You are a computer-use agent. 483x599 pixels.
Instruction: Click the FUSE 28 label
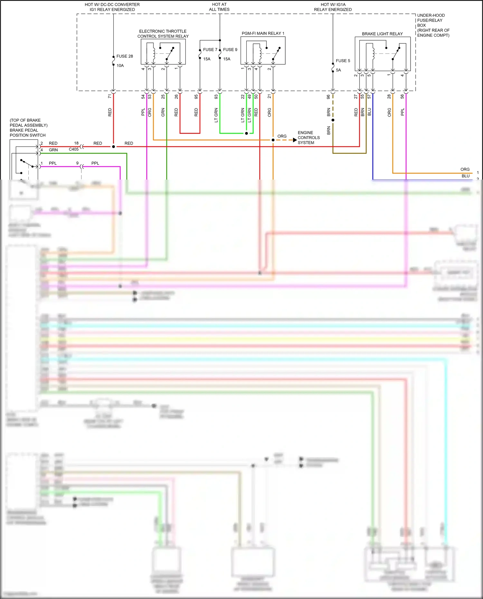pyautogui.click(x=124, y=56)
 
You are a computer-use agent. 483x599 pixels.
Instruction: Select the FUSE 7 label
pyautogui.click(x=210, y=50)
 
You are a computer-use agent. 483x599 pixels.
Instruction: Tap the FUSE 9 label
pyautogui.click(x=230, y=50)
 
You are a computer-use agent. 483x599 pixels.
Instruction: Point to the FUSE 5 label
pyautogui.click(x=343, y=61)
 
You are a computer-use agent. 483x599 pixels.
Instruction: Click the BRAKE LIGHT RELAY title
pyautogui.click(x=382, y=34)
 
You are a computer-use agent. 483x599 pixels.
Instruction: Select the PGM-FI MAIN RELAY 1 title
pyautogui.click(x=263, y=33)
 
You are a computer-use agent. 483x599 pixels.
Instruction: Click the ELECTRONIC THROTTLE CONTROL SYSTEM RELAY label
pyautogui.click(x=163, y=34)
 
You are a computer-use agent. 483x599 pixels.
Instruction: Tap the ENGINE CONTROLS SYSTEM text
pyautogui.click(x=308, y=137)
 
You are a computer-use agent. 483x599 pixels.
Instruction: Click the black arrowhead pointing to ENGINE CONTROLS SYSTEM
pyautogui.click(x=295, y=140)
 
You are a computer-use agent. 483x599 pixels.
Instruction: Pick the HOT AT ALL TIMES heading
pyautogui.click(x=219, y=7)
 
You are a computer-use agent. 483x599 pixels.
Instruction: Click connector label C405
pyautogui.click(x=73, y=149)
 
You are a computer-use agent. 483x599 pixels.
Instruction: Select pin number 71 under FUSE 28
pyautogui.click(x=110, y=96)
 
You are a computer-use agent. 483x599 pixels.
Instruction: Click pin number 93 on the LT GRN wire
pyautogui.click(x=216, y=96)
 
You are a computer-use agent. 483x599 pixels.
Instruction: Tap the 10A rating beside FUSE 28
pyautogui.click(x=120, y=66)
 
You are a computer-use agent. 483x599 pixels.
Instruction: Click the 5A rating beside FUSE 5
pyautogui.click(x=338, y=70)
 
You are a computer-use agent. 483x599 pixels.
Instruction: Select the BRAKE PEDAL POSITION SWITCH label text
pyautogui.click(x=28, y=133)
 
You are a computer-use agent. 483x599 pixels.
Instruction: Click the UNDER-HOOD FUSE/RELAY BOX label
pyautogui.click(x=433, y=25)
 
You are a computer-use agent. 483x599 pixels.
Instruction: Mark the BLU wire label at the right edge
pyautogui.click(x=465, y=176)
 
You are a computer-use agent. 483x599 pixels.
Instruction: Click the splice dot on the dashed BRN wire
pyautogui.click(x=333, y=120)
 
